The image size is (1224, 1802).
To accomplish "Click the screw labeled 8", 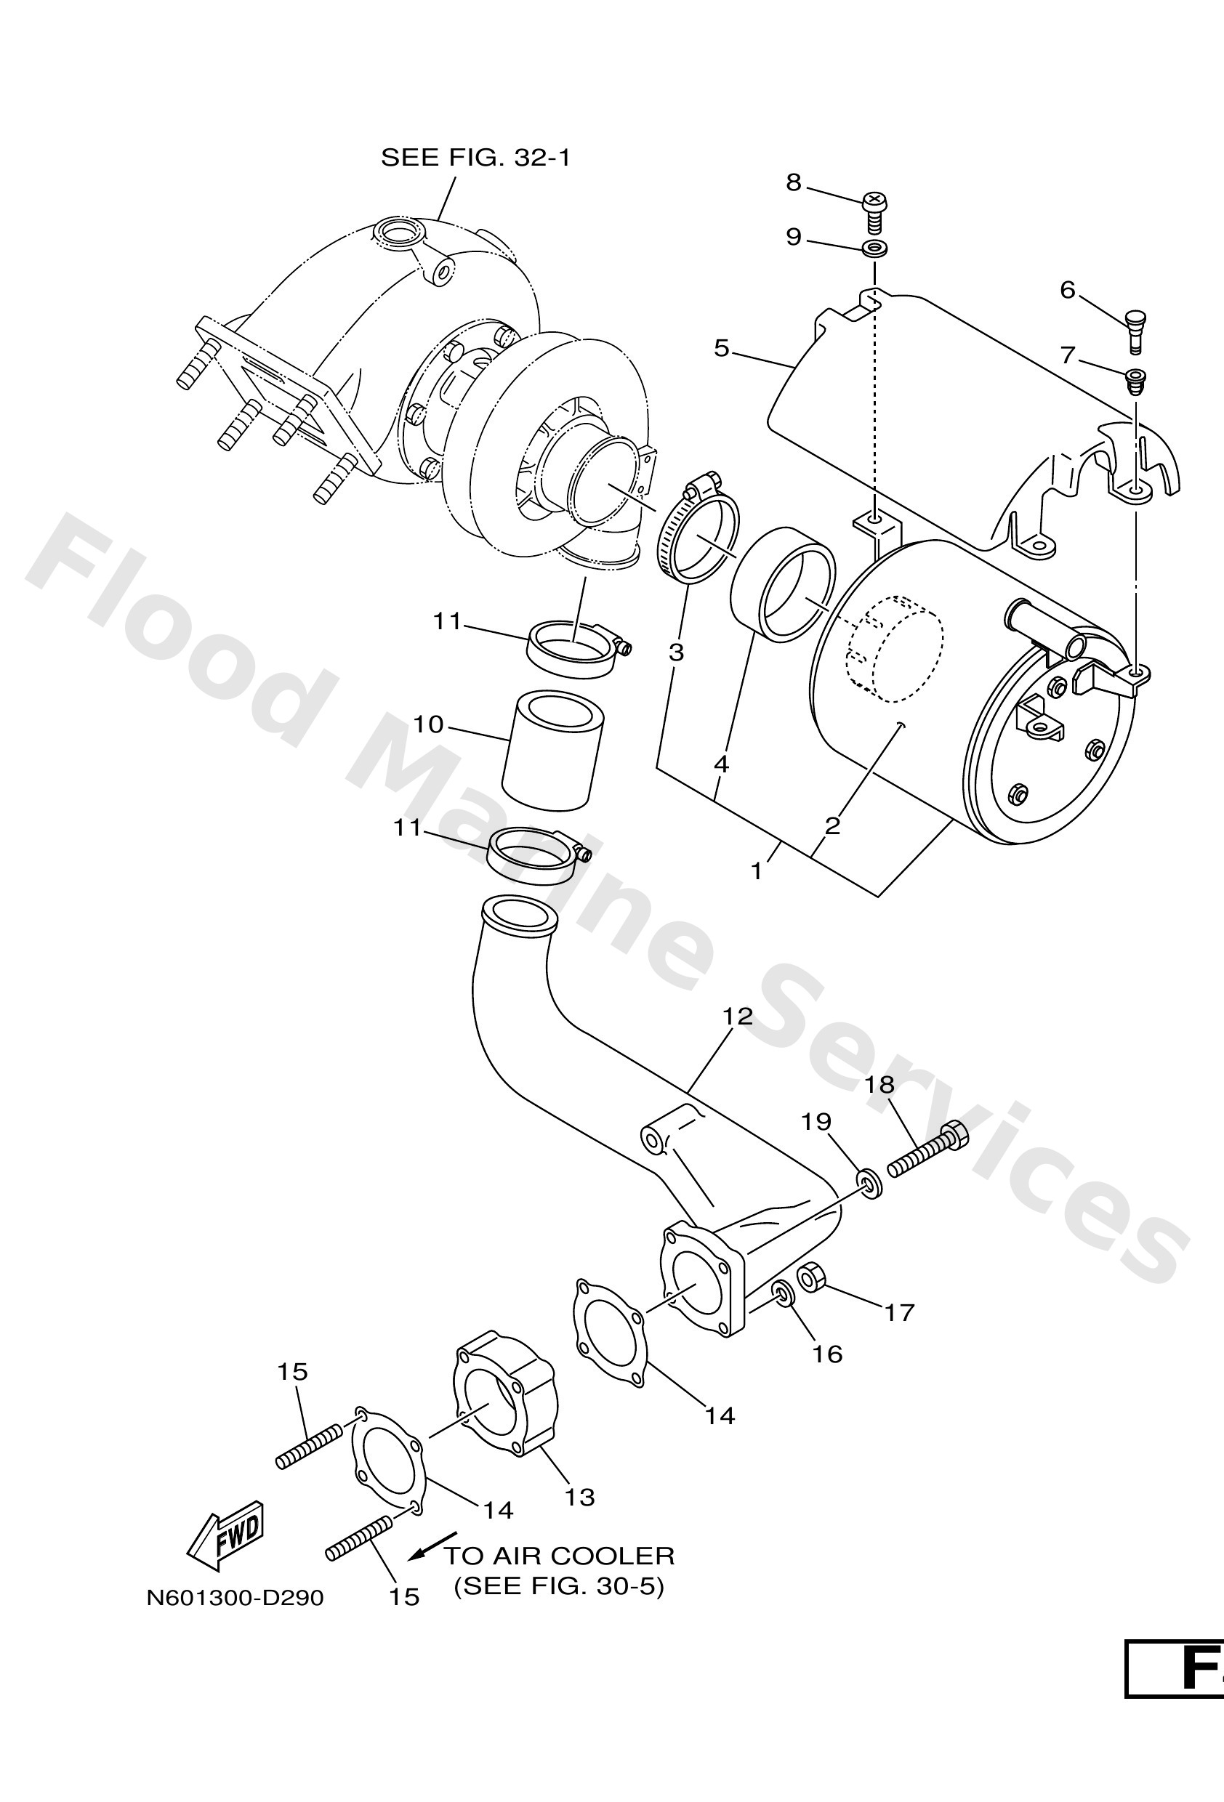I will [x=874, y=211].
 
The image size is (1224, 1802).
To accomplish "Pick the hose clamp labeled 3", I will [x=698, y=535].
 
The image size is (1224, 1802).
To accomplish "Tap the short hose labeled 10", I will [x=552, y=748].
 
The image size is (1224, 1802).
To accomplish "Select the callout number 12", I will [x=738, y=1017].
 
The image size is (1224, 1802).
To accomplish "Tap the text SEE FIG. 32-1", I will [x=475, y=158].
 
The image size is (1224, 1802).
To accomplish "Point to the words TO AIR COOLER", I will [x=559, y=1556].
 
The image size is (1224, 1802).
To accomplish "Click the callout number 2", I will [x=832, y=825].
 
